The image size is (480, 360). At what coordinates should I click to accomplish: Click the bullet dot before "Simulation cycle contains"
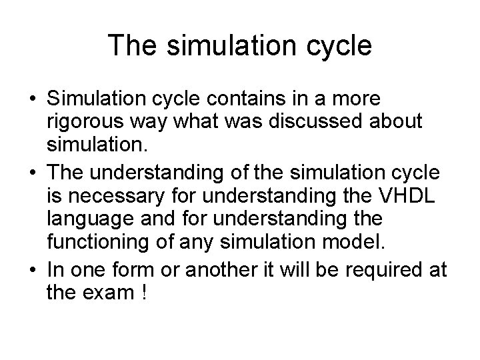coord(33,100)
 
